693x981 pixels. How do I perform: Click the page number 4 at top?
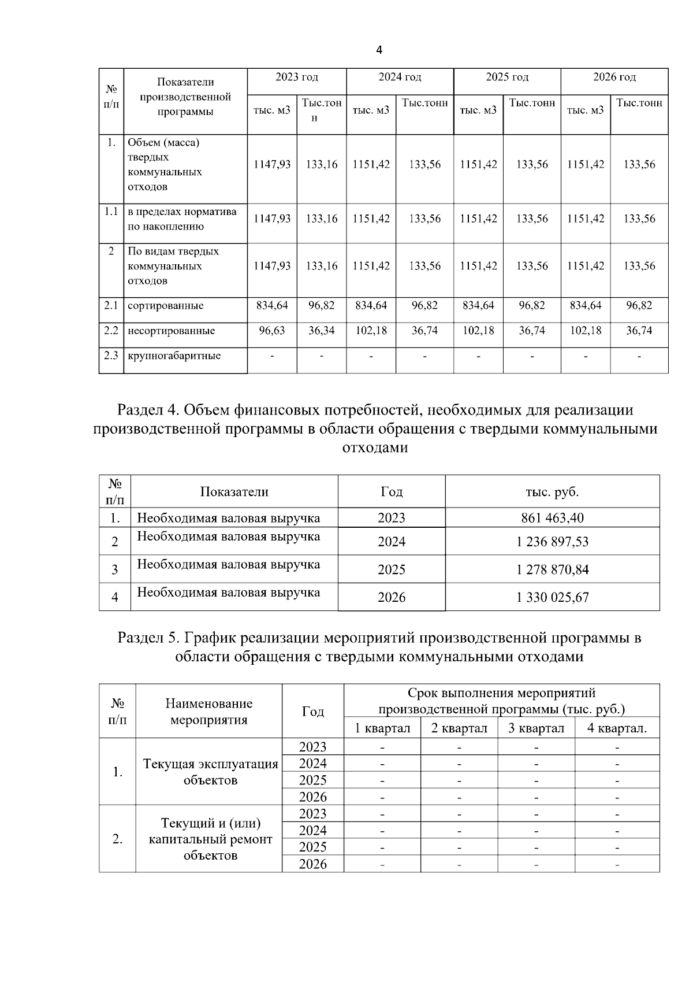[x=379, y=50]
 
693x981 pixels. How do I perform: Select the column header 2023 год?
[x=296, y=77]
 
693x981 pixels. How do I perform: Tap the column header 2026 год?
[x=614, y=77]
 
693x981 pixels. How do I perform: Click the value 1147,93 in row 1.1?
[x=272, y=219]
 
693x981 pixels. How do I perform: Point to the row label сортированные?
[x=166, y=305]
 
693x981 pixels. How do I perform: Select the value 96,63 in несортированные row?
[x=272, y=330]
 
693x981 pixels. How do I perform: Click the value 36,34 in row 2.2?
[x=322, y=330]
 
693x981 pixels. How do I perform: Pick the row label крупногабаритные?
[x=174, y=356]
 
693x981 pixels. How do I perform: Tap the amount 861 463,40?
[x=552, y=517]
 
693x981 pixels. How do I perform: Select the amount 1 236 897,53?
[x=552, y=542]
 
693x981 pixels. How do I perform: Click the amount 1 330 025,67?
[x=552, y=597]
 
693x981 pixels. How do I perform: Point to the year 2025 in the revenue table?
[x=392, y=569]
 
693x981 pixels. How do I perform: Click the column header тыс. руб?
[x=552, y=492]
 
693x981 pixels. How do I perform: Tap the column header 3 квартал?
[x=536, y=728]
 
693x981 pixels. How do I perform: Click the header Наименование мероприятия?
[x=209, y=711]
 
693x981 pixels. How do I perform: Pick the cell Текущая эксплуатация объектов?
[x=210, y=772]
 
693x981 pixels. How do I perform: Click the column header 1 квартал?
[x=382, y=728]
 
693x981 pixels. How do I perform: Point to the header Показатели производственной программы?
[x=185, y=97]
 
